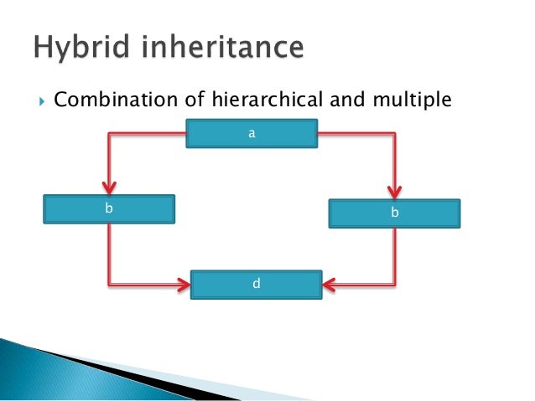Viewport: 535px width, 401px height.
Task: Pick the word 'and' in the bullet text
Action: click(x=340, y=101)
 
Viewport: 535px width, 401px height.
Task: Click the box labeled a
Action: click(x=252, y=134)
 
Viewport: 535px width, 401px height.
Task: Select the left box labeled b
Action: click(x=109, y=208)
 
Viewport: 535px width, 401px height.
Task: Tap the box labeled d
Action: click(x=257, y=284)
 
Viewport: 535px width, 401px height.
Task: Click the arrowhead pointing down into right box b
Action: click(x=395, y=191)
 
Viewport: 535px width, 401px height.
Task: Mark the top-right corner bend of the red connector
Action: click(x=395, y=133)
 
